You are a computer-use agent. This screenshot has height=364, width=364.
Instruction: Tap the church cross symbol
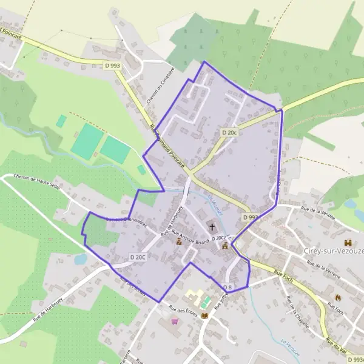point(212,227)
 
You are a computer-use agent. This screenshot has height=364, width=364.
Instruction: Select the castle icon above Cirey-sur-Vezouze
point(348,243)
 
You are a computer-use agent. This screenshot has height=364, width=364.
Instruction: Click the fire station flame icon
point(338,298)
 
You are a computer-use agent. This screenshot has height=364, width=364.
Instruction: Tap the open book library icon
point(204,316)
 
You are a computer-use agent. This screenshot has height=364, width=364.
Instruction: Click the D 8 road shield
point(227,287)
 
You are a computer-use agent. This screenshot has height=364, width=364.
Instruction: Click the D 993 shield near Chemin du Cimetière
point(112,66)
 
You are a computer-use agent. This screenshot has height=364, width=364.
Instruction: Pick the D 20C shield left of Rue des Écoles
point(138,258)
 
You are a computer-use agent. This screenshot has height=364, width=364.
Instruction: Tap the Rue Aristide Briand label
point(190,237)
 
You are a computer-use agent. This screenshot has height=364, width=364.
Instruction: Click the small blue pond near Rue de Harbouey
point(81,259)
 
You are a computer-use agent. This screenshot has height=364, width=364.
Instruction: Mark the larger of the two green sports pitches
point(87,141)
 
